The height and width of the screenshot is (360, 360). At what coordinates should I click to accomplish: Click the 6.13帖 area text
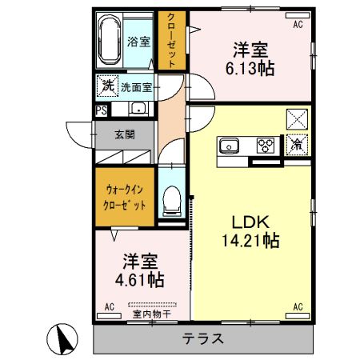[x=251, y=69]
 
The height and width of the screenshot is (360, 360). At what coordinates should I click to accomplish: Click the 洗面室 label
[x=138, y=86]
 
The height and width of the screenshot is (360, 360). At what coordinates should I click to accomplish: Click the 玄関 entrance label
[x=125, y=134]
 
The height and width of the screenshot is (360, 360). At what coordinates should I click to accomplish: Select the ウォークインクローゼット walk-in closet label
[x=126, y=198]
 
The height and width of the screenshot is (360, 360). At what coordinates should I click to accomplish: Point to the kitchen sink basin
[x=228, y=146]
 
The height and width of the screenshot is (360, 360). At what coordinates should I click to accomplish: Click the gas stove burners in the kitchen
[x=265, y=145]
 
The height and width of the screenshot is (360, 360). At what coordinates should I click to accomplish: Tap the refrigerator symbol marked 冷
[x=297, y=145]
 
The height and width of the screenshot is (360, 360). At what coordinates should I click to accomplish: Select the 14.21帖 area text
[x=250, y=239]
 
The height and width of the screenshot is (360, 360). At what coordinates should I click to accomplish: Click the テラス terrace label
[x=202, y=338]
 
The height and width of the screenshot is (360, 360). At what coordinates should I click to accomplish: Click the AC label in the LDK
[x=297, y=306]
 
